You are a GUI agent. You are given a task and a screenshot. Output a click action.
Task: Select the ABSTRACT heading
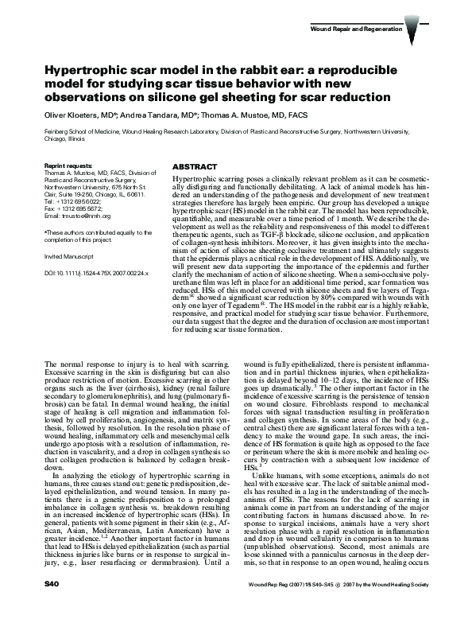click(194, 167)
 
